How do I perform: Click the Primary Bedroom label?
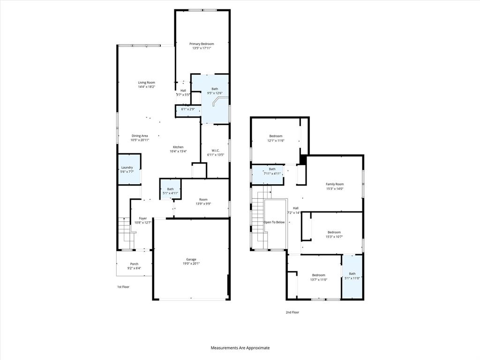[x=201, y=44]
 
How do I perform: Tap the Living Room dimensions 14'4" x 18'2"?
[x=146, y=87]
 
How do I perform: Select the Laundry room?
[x=127, y=170]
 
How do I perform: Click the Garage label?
[x=191, y=259]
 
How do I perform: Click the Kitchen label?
[x=178, y=147]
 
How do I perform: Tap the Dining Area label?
[x=140, y=136]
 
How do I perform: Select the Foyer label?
[x=142, y=218]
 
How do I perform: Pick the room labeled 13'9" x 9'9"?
[x=202, y=202]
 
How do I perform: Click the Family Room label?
[x=335, y=184]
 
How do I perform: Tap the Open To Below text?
[x=274, y=222]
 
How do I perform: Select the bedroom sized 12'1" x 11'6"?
[x=275, y=138]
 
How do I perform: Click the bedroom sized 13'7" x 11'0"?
[x=318, y=277]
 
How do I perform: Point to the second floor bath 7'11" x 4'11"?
[x=272, y=171]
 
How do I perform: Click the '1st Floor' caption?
[x=123, y=286]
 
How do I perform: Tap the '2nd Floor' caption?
[x=292, y=312]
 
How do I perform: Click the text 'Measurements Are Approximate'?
[x=240, y=348]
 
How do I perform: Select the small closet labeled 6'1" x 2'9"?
[x=187, y=109]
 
